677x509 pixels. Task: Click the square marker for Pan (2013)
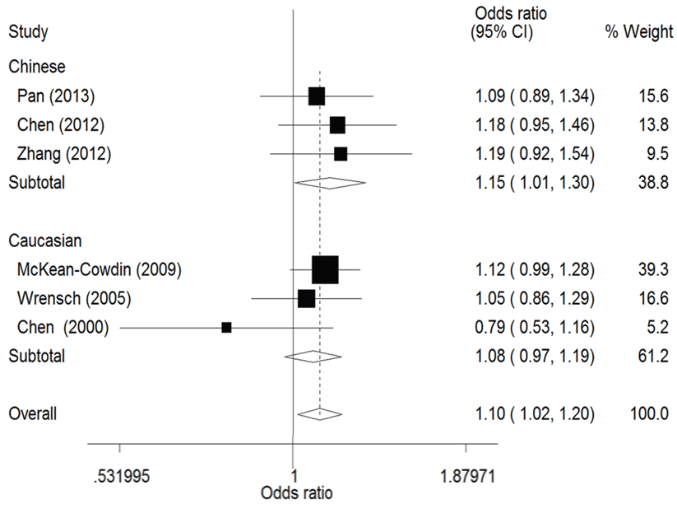pyautogui.click(x=317, y=96)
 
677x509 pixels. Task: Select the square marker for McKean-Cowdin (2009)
pyautogui.click(x=325, y=269)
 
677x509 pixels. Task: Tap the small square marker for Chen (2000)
pyautogui.click(x=226, y=327)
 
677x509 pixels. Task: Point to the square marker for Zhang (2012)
pyautogui.click(x=341, y=154)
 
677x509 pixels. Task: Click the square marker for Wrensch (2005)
pyautogui.click(x=306, y=298)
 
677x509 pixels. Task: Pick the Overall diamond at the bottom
pyautogui.click(x=319, y=413)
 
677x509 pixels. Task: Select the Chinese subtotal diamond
pyautogui.click(x=329, y=182)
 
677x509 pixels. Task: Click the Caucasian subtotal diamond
pyautogui.click(x=312, y=356)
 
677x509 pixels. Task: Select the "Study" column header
pyautogui.click(x=28, y=33)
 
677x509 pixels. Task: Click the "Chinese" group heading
pyautogui.click(x=36, y=66)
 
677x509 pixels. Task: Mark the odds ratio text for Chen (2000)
pyautogui.click(x=534, y=328)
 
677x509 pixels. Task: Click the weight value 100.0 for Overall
pyautogui.click(x=649, y=414)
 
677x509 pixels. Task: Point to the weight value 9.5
pyautogui.click(x=657, y=154)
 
